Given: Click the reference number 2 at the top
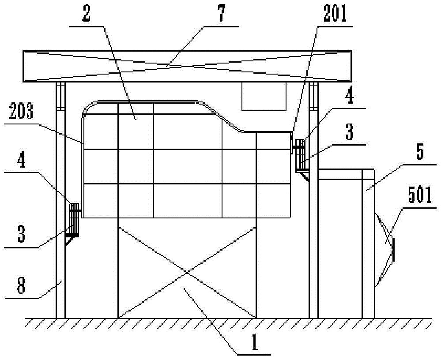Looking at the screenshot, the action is pyautogui.click(x=86, y=14).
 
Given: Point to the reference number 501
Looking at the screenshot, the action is pyautogui.click(x=420, y=196).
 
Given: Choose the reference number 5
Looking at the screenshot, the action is pyautogui.click(x=419, y=152).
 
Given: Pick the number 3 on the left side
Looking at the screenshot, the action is pyautogui.click(x=21, y=234).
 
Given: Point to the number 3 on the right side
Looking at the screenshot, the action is pyautogui.click(x=349, y=132).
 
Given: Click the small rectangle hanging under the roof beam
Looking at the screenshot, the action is pyautogui.click(x=264, y=96).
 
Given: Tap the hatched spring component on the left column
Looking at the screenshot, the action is pyautogui.click(x=74, y=220).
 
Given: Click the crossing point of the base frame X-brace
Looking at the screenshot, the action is pyautogui.click(x=187, y=272).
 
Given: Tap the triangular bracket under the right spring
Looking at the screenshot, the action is pyautogui.click(x=305, y=175).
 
